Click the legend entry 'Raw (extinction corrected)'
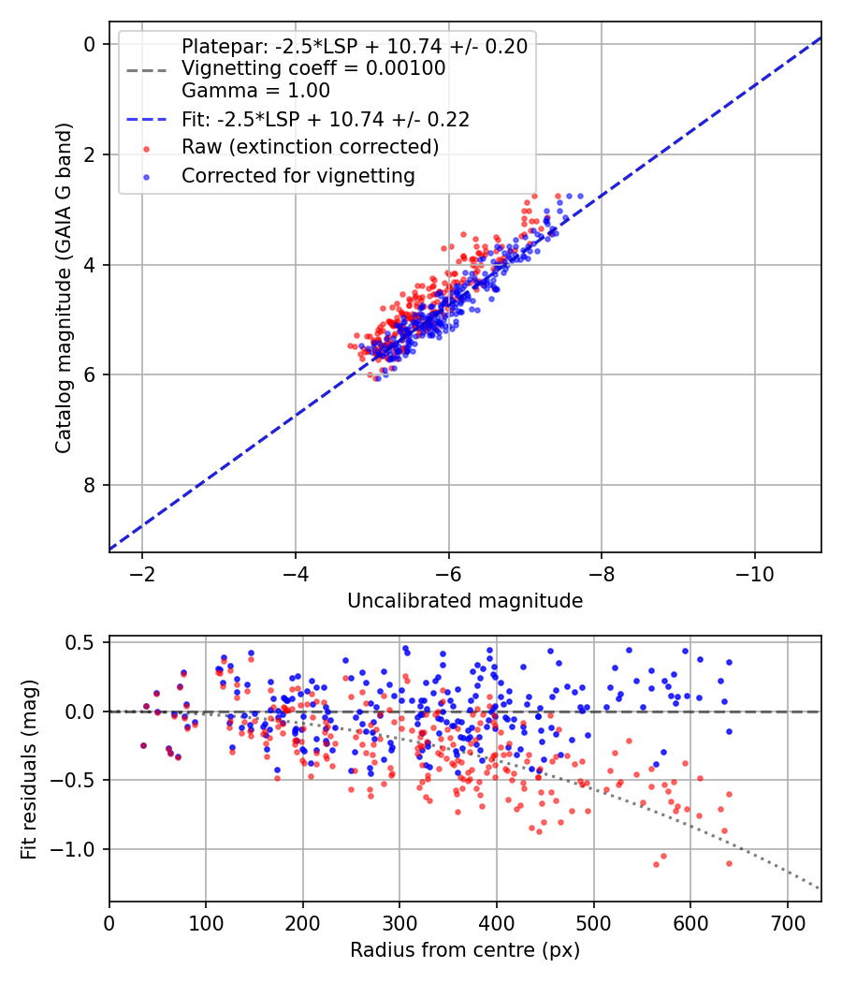pos(310,147)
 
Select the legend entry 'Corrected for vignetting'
pos(298,176)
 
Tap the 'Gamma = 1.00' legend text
pos(255,90)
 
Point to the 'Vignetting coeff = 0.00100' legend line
pos(313,68)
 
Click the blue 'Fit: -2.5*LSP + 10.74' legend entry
pos(326,119)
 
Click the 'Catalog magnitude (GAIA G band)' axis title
pos(64,287)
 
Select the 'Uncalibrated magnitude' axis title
pos(465,601)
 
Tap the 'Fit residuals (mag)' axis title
pos(28,770)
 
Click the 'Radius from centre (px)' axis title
pos(465,950)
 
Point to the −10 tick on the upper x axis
pos(754,574)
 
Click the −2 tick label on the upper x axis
pos(142,574)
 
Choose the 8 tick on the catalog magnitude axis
pos(89,485)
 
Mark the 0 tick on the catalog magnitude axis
pos(89,44)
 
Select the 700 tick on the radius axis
pos(788,923)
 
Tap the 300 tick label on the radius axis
pos(399,923)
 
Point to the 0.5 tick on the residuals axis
pos(80,642)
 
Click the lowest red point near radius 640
pos(729,863)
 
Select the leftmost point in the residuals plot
pos(143,745)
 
